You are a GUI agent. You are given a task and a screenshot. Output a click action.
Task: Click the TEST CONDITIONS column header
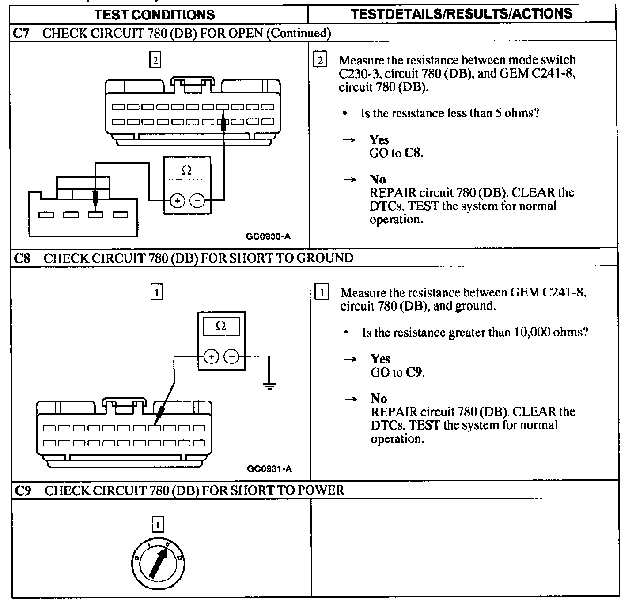155,14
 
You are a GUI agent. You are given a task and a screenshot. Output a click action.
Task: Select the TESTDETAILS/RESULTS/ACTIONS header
461,14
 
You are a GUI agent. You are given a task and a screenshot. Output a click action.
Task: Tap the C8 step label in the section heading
22,258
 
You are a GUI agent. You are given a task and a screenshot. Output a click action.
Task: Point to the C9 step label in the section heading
23,490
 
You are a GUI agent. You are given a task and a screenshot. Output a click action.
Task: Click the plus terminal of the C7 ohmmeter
177,201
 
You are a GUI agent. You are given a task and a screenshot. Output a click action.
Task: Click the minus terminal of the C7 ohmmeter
197,201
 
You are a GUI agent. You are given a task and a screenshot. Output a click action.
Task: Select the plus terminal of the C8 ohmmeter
212,356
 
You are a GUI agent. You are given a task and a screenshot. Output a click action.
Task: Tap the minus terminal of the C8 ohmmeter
231,356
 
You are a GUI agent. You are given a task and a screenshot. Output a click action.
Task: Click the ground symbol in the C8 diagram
269,386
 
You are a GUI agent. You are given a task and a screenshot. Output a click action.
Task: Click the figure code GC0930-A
268,236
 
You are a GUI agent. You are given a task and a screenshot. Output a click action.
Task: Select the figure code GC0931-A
269,468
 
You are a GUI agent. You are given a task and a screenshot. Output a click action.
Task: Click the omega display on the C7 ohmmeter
187,170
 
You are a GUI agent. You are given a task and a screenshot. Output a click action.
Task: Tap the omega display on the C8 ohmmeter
221,326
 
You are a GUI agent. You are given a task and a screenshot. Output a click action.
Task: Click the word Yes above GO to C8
379,140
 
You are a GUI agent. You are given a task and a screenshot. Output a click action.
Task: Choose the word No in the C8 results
379,399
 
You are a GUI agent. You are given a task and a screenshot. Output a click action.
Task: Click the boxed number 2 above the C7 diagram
155,60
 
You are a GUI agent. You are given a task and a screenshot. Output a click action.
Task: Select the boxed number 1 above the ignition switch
158,524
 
